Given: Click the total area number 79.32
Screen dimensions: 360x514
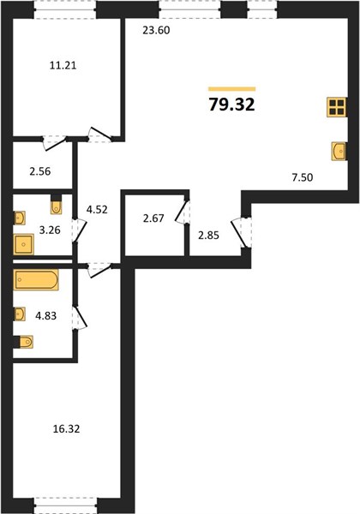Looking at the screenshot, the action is point(231,105).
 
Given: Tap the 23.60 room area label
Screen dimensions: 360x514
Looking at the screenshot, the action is point(156,31).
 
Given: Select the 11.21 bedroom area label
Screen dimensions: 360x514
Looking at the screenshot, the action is point(63,66).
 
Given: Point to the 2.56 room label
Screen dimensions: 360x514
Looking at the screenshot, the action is point(40,171).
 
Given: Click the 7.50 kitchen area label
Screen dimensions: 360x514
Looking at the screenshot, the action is point(303,177).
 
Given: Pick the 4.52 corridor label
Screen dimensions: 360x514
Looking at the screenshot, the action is point(97,210).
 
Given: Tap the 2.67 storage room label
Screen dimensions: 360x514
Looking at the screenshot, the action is point(153,218).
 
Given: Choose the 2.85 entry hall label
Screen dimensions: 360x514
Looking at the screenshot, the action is point(208,236).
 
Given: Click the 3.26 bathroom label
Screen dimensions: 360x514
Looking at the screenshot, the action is point(50,230).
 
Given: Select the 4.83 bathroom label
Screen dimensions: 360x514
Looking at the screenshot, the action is point(46,316).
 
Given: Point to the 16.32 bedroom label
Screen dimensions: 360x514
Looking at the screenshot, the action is point(66,429).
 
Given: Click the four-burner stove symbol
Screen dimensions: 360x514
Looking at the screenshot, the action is point(337,107).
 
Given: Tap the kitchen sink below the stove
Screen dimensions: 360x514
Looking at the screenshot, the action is point(339,151).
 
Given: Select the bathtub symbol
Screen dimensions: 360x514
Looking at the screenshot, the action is point(36,279).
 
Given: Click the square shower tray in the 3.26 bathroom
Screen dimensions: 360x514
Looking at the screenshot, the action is point(24,244).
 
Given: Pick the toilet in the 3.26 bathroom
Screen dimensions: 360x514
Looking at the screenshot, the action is point(57,207).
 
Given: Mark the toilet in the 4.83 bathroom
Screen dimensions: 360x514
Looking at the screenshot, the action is point(26,342).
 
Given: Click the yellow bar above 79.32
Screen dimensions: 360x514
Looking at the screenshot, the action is point(231,89).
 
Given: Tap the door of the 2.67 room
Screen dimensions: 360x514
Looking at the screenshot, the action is point(182,212).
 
